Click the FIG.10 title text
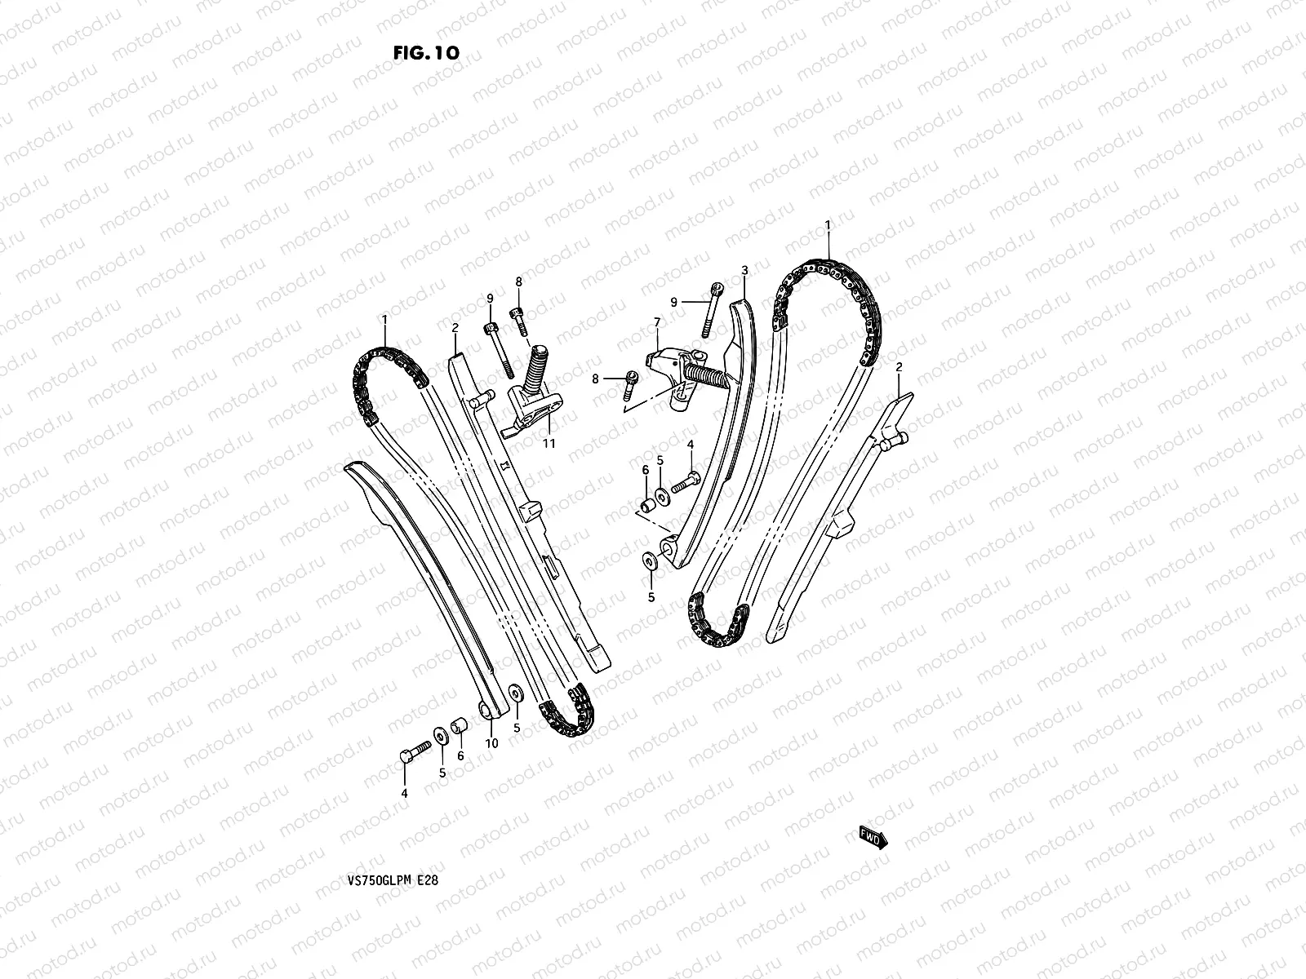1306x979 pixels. [426, 53]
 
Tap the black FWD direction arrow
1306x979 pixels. [873, 836]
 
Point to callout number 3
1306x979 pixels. [744, 269]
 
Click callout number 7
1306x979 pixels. [657, 323]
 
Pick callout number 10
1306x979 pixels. [491, 743]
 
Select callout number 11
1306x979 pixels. [549, 443]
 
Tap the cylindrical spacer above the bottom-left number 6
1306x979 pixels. [460, 725]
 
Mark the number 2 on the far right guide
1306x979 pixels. [899, 367]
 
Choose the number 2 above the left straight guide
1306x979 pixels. [455, 327]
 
